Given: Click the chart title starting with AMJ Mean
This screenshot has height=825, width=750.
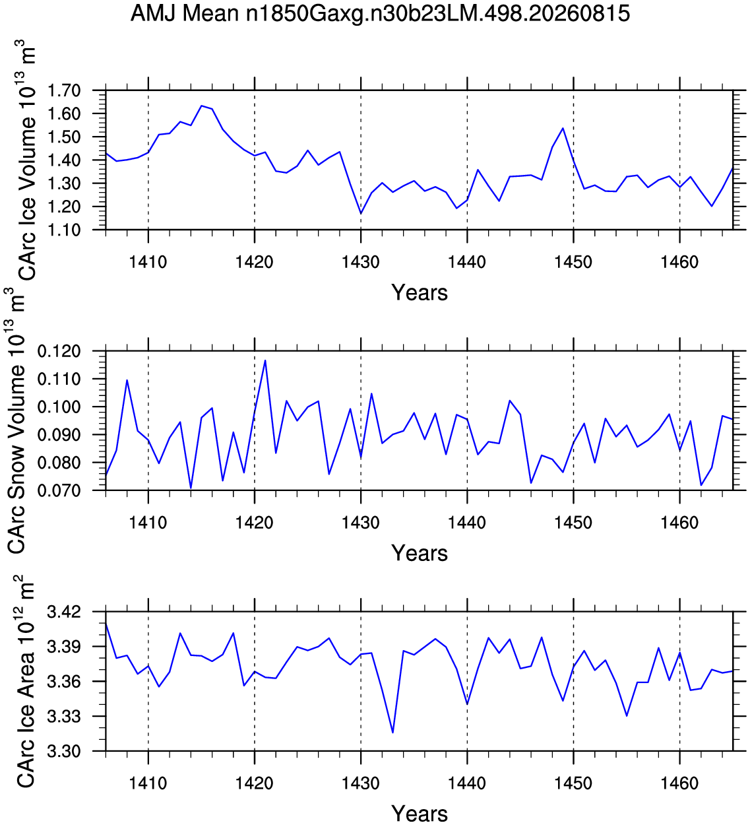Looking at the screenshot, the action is coord(380,14).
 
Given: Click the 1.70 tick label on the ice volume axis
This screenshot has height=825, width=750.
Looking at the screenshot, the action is coord(64,90).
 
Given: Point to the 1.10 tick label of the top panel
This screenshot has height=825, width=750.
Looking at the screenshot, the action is coord(64,230).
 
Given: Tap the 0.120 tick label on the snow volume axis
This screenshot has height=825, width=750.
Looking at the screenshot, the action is coord(59,351).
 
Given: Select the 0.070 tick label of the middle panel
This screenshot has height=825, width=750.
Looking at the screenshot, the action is coord(59,490).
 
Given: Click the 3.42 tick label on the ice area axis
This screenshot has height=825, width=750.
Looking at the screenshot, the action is coord(64,612).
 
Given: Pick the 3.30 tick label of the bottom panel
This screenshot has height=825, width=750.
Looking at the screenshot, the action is coord(64,751).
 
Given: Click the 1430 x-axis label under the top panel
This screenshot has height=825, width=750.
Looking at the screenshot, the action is coord(361,262).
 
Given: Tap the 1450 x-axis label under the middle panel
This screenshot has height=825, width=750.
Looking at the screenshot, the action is coord(573,522).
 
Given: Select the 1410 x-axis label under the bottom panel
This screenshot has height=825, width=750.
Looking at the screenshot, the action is coord(148,783).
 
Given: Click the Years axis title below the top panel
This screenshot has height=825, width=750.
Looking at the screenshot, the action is coord(420,293).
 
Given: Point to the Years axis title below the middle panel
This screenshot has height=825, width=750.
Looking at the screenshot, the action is coord(420,553).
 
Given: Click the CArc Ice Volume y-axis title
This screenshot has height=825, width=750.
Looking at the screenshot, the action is coord(26,160).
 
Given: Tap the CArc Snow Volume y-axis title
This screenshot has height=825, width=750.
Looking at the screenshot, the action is coord(16,420).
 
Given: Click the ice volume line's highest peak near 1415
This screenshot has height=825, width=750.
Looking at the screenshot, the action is coord(201,106).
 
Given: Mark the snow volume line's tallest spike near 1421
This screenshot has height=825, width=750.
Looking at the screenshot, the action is coord(265,360).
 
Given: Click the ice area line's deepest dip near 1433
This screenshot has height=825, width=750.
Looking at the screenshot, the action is coord(392,733).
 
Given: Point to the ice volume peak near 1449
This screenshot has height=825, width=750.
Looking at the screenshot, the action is coord(563,128).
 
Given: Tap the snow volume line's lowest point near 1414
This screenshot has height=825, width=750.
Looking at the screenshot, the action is coord(191,488).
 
